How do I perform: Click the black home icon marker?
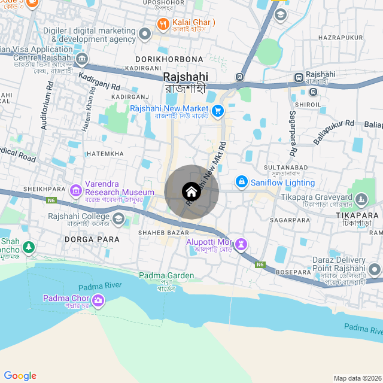(x=191, y=191)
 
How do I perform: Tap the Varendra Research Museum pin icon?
(x=76, y=191)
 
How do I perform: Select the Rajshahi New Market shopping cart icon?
(x=217, y=110)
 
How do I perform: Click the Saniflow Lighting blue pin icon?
(x=241, y=181)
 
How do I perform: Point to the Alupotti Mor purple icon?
(x=241, y=244)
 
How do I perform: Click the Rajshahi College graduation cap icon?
(x=118, y=219)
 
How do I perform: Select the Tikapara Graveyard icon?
(x=361, y=199)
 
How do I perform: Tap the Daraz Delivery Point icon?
(x=375, y=269)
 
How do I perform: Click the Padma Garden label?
(x=166, y=276)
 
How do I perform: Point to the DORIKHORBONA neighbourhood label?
(x=169, y=59)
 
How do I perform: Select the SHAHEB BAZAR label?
(x=163, y=232)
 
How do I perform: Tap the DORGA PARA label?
(x=91, y=239)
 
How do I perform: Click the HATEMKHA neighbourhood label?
(x=105, y=154)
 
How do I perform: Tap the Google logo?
(x=20, y=375)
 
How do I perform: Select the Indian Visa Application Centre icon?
(x=82, y=59)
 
